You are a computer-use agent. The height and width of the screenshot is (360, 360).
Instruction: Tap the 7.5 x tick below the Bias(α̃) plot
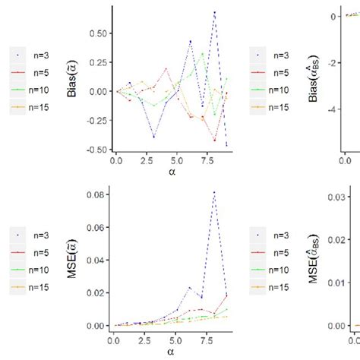click(x=202, y=162)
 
